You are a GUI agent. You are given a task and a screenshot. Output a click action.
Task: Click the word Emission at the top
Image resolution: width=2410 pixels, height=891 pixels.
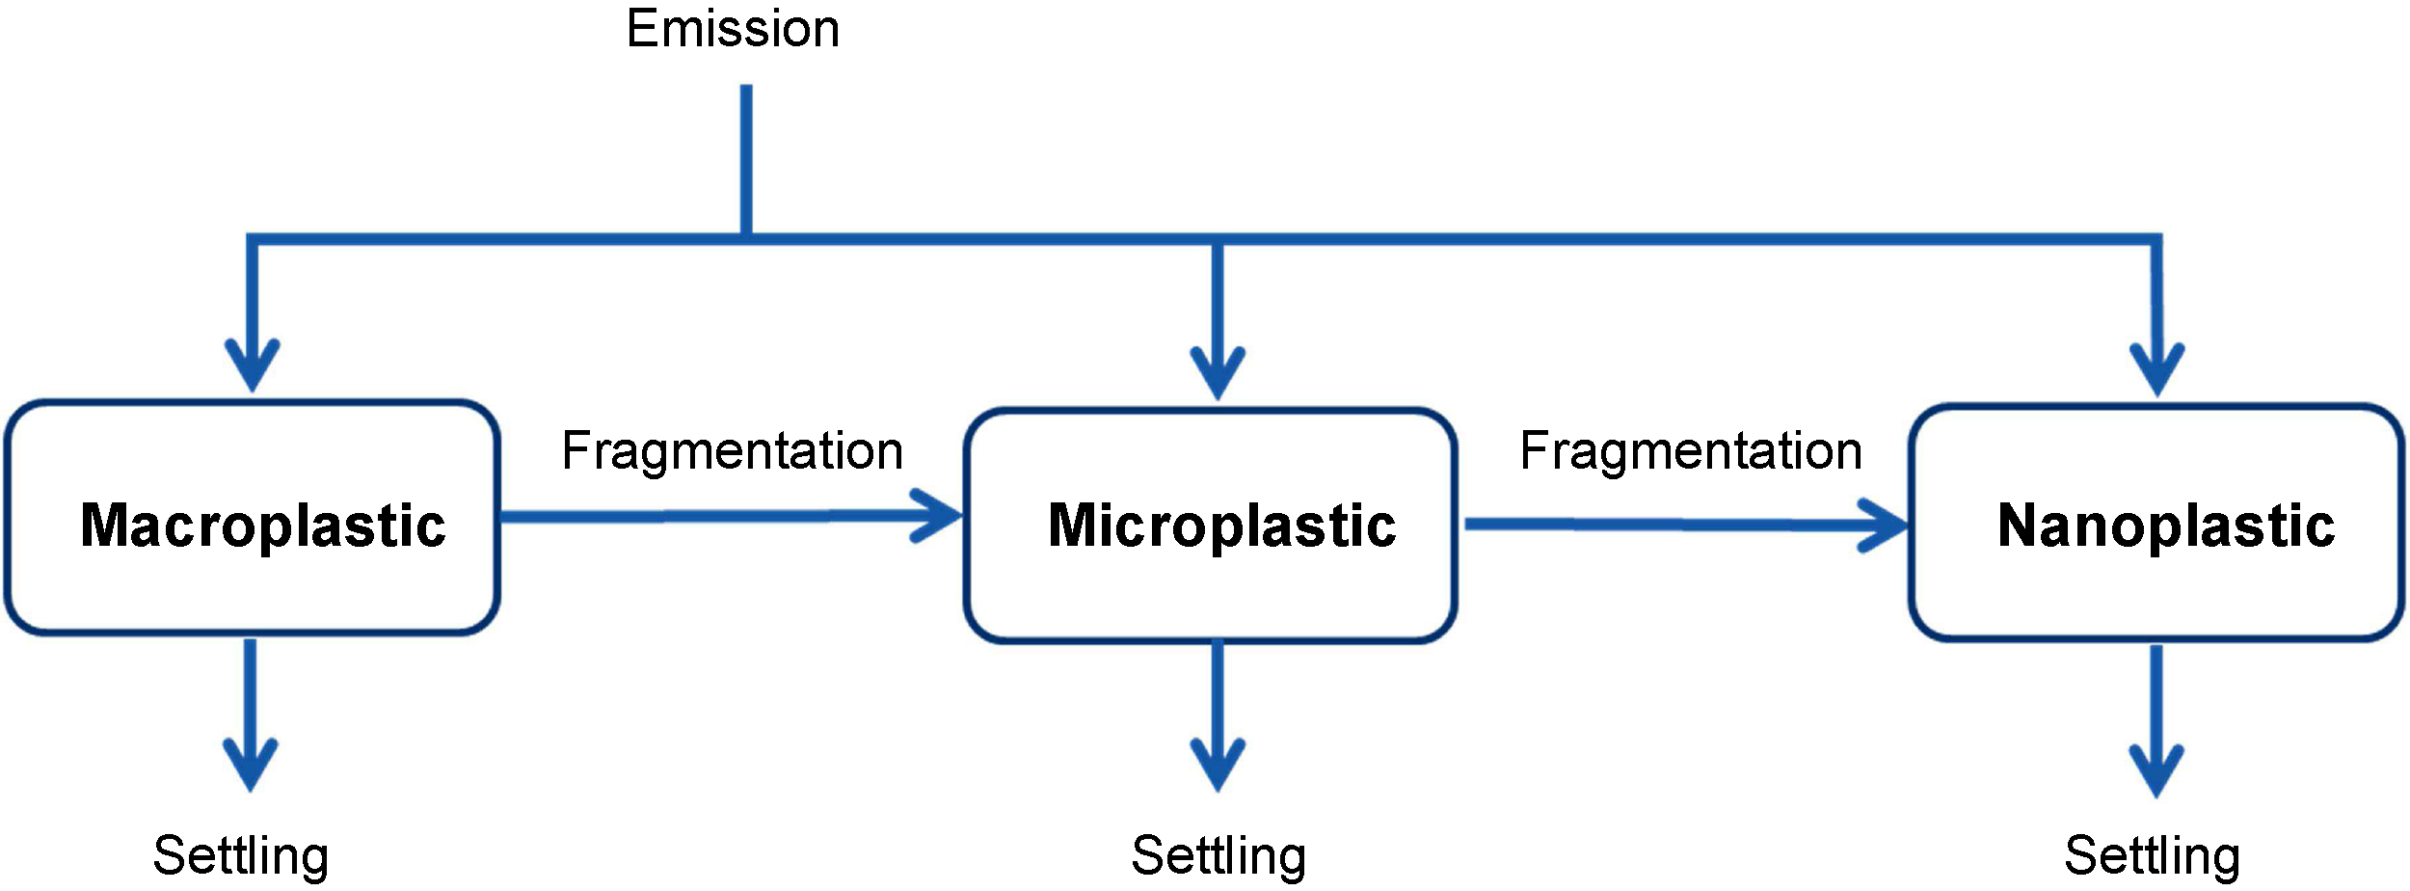(x=733, y=29)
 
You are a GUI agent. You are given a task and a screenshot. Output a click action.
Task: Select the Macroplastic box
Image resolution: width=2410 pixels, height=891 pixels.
(x=253, y=518)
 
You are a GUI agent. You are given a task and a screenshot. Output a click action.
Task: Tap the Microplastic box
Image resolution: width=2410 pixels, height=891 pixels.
(x=1211, y=526)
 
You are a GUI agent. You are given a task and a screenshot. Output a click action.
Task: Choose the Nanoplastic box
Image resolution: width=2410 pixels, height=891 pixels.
(x=2156, y=523)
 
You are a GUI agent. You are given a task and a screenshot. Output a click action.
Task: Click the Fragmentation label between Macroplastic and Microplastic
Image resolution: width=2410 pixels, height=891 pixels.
(x=733, y=451)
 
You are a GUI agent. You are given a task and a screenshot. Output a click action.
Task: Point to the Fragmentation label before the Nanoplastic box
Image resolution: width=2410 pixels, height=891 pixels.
(x=1691, y=451)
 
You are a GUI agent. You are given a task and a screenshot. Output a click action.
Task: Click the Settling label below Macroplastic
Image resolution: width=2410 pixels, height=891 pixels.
(x=241, y=855)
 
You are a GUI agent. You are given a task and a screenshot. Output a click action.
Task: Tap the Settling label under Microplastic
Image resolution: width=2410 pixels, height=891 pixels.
(x=1218, y=855)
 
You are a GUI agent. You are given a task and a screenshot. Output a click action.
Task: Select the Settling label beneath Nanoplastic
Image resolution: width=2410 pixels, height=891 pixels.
(x=2152, y=855)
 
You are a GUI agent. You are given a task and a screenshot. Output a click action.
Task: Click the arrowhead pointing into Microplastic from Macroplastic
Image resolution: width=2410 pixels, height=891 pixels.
(x=940, y=516)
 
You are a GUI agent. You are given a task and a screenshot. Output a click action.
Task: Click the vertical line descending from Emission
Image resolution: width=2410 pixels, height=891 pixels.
(x=746, y=159)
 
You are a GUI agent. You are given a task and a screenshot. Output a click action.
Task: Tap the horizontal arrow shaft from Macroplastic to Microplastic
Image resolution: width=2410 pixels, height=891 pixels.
(x=704, y=517)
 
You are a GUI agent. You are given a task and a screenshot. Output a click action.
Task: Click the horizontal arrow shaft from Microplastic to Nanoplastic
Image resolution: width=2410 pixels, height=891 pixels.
(x=1658, y=525)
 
